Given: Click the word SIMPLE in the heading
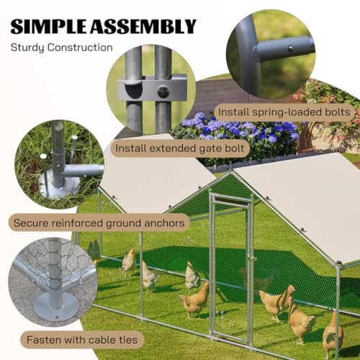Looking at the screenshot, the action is [48, 26].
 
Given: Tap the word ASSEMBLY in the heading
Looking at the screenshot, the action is [143, 26].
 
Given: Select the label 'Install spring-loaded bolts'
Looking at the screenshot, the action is [284, 112].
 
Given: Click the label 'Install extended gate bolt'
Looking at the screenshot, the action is [179, 148].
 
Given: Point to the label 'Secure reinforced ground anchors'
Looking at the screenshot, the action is [99, 223].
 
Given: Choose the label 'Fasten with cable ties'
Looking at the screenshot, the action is [82, 340].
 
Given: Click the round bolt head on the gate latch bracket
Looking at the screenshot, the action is [163, 91].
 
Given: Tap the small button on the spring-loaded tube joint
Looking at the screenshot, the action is [290, 48].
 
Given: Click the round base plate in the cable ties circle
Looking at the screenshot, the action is [56, 305].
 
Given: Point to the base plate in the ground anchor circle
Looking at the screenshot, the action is [59, 185].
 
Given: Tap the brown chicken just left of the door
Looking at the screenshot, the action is [195, 300].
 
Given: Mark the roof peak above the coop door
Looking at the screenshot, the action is [231, 171].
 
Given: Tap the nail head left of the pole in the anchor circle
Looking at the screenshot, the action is [43, 156].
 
